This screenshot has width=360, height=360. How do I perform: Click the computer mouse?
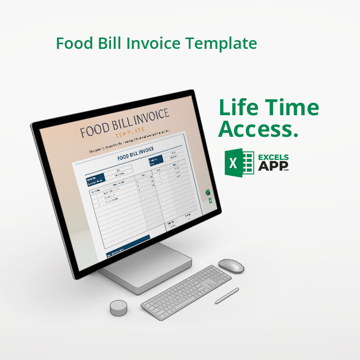[231, 265]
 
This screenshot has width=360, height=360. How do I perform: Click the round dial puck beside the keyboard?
[119, 308]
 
